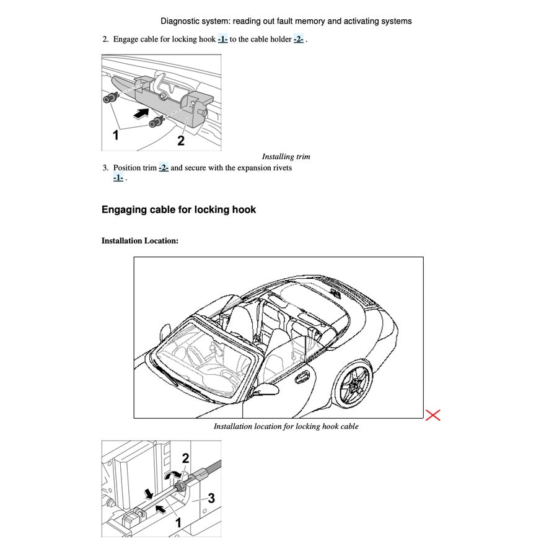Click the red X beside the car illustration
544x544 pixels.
point(433,415)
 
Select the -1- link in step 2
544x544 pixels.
point(222,39)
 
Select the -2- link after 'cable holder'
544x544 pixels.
point(298,39)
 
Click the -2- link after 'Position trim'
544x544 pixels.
point(163,167)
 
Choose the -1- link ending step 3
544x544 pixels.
point(118,178)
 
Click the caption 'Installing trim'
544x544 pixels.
point(286,157)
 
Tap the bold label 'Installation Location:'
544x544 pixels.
point(140,240)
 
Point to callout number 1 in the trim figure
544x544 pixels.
point(115,136)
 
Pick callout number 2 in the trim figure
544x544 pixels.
point(180,141)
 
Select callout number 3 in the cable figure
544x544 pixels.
point(211,498)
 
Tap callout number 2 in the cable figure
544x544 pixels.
point(185,459)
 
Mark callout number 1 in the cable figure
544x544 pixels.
point(178,523)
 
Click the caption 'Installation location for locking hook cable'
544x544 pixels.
point(286,426)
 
